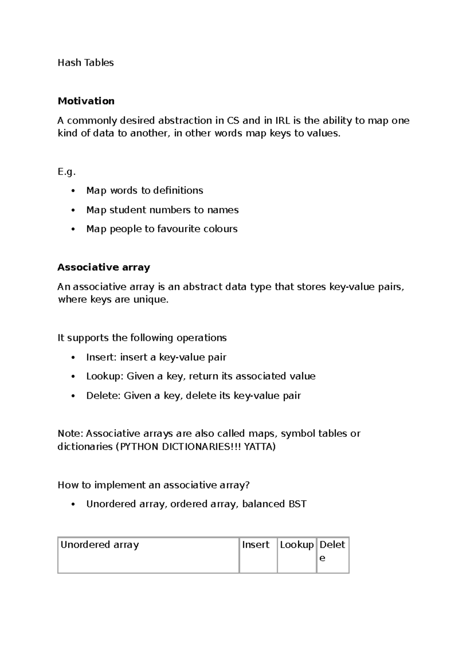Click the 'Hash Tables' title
85,63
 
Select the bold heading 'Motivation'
86,101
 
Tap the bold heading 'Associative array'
103,267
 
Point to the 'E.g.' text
66,172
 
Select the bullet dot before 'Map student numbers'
73,210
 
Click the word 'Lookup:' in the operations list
105,376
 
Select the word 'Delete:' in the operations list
103,396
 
